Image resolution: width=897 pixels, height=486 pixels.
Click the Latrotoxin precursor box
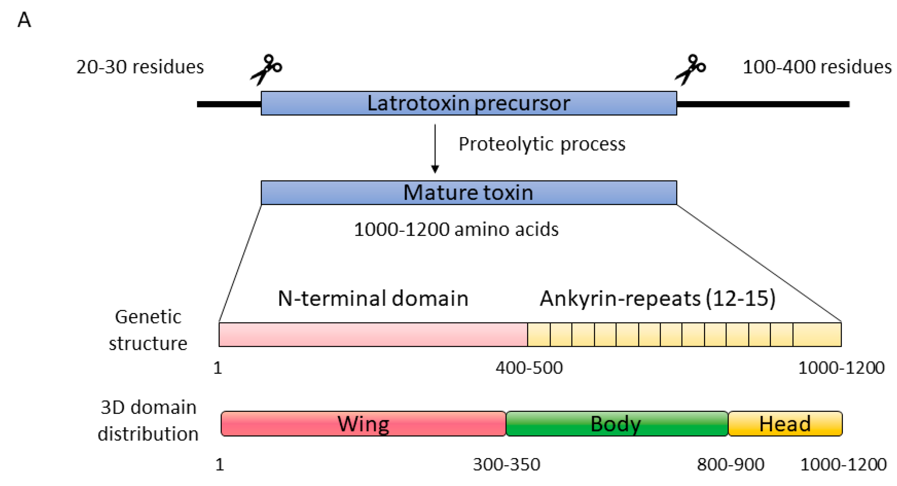click(x=469, y=103)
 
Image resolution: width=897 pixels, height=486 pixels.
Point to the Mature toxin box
click(x=469, y=192)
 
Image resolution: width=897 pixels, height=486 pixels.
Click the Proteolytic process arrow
click(x=435, y=148)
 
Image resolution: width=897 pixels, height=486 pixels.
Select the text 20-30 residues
click(x=140, y=67)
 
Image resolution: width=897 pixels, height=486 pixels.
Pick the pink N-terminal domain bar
click(x=373, y=335)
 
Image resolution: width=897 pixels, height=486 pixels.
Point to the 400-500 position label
click(x=529, y=368)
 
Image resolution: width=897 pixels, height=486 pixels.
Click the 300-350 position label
click(x=507, y=464)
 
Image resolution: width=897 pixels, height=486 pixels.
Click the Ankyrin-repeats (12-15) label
click(x=657, y=298)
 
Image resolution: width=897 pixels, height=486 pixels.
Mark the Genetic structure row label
click(x=148, y=330)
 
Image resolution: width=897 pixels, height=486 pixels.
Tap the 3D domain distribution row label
click(x=148, y=420)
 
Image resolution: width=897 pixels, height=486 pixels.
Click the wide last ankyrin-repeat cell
click(x=817, y=335)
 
